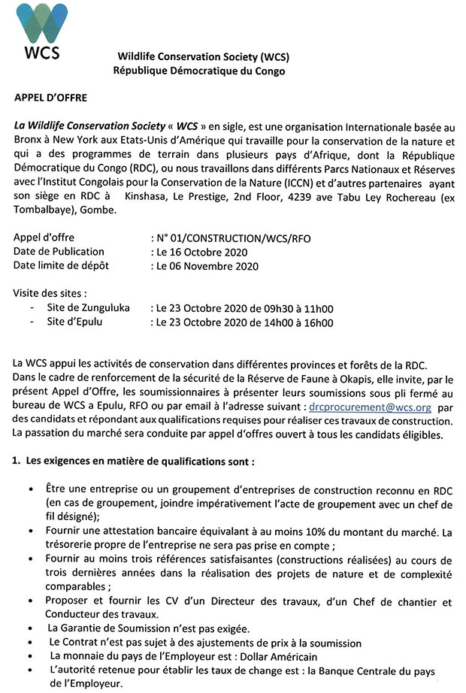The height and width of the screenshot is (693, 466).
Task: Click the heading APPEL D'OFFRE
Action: tap(51, 98)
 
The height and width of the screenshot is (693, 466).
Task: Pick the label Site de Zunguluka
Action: tap(88, 308)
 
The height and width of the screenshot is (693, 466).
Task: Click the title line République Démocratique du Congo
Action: tap(199, 71)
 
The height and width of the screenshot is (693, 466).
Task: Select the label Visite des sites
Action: tap(49, 293)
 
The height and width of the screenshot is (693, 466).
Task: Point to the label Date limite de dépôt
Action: tap(61, 265)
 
